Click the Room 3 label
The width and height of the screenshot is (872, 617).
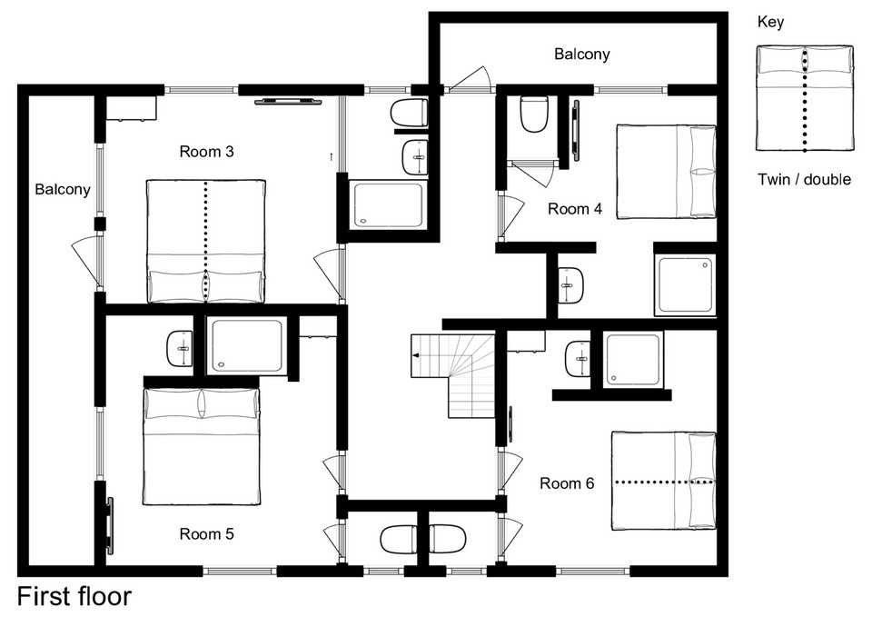pos(206,152)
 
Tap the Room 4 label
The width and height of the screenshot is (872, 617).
pos(575,209)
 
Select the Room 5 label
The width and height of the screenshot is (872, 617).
pos(206,534)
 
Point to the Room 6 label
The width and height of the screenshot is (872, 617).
pos(567,483)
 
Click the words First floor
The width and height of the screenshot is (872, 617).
pos(74,596)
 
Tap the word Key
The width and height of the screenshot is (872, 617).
pos(771,22)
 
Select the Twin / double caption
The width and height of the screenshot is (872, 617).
pos(804,179)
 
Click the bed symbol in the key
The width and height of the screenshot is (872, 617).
pos(804,98)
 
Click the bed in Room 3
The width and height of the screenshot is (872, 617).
pos(206,242)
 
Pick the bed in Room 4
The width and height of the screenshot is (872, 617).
pos(666,172)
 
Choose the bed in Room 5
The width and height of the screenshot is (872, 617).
pos(202,446)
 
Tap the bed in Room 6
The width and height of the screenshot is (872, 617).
pos(664,481)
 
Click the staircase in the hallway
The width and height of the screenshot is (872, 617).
pos(452,375)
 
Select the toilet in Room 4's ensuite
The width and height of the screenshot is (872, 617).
pos(534,114)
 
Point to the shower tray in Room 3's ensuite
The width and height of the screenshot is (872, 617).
pos(388,204)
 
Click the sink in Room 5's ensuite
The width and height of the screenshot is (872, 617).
pos(180,349)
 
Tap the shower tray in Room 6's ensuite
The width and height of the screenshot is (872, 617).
pos(633,359)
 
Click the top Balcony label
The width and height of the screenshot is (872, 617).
pos(581,54)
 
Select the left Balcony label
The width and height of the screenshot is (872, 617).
pos(63,190)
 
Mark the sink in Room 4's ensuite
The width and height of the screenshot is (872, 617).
pos(570,284)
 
